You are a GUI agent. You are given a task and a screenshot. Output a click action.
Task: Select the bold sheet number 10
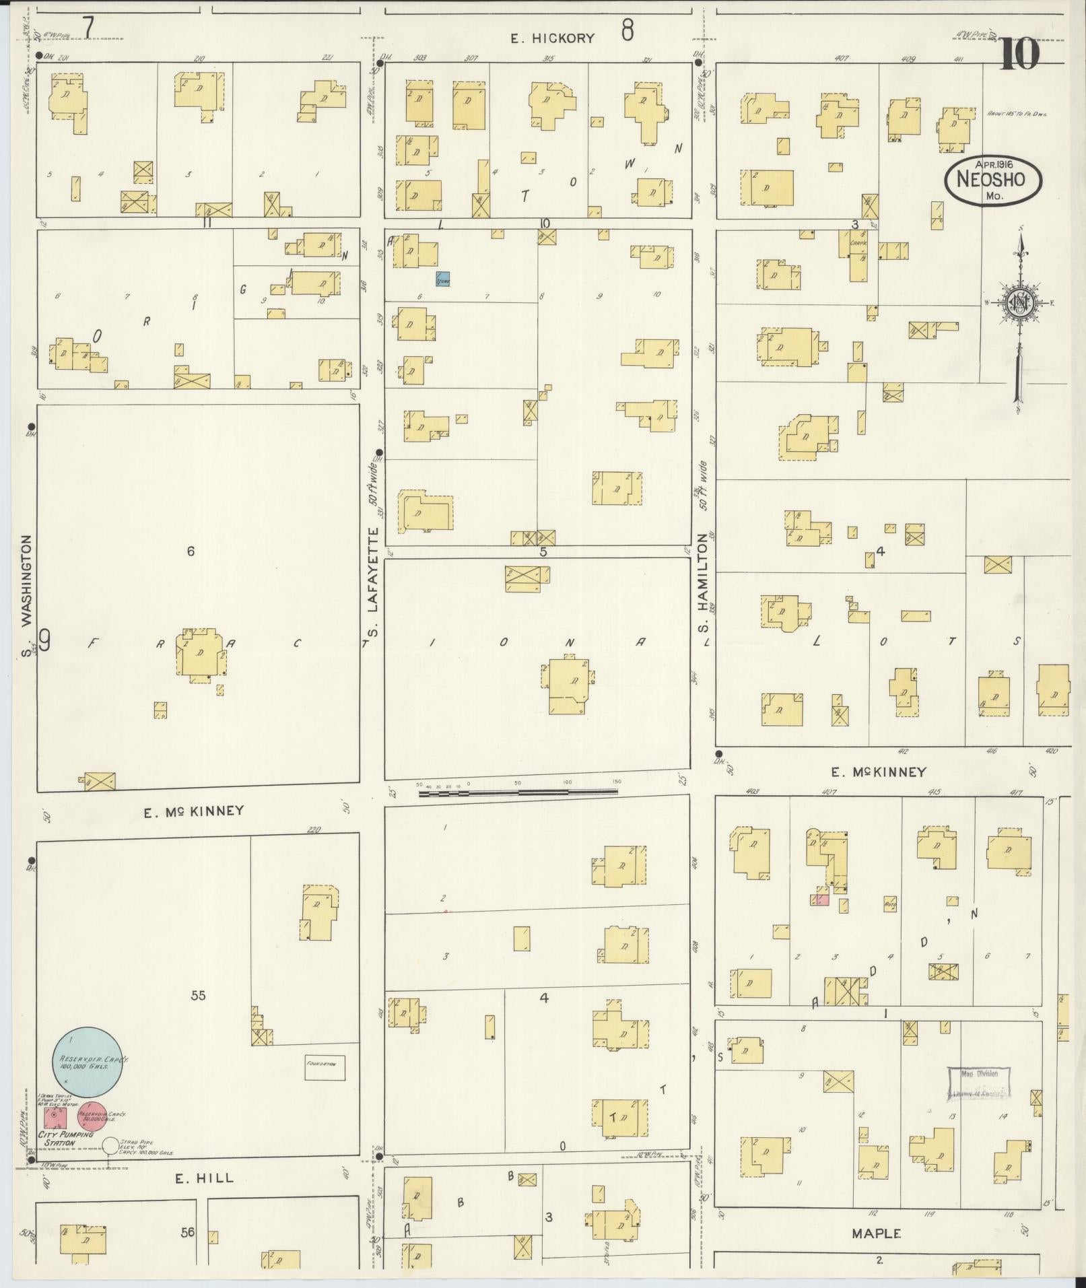click(1019, 55)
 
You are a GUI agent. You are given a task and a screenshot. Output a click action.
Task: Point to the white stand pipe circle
click(110, 1145)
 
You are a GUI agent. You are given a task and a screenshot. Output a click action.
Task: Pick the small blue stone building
click(442, 279)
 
